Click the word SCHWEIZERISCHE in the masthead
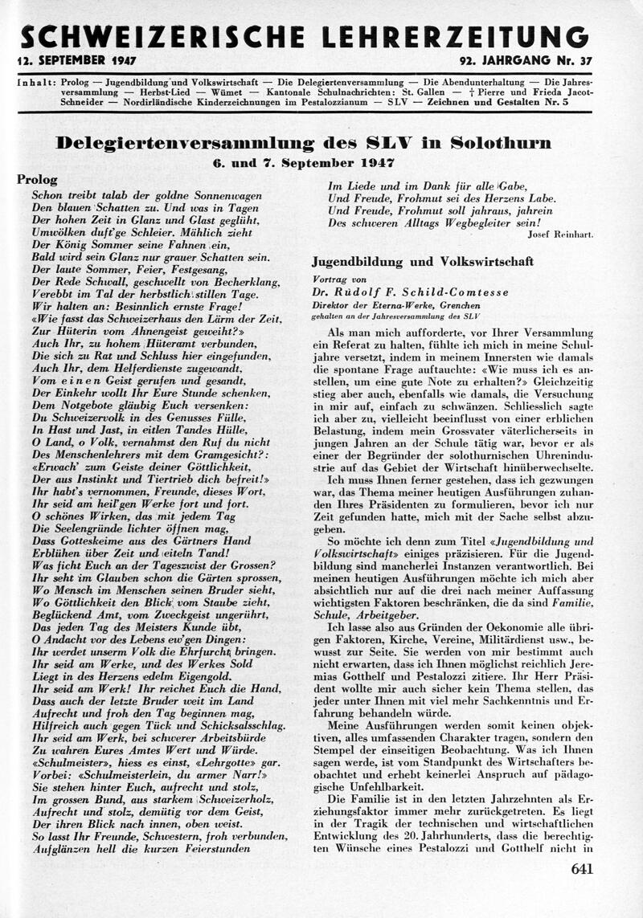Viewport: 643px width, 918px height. (161, 36)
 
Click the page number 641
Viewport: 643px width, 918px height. (581, 868)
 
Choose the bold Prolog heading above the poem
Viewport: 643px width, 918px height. (37, 180)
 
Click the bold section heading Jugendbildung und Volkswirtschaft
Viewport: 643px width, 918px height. (422, 262)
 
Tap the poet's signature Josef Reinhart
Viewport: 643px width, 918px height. (560, 235)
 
